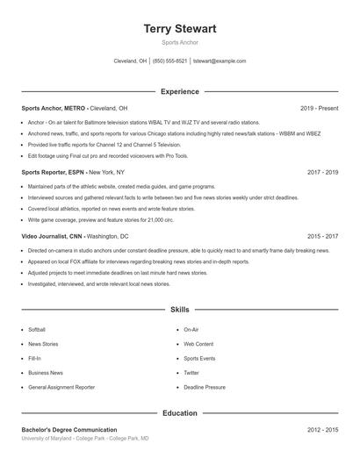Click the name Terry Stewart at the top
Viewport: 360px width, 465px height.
(180, 29)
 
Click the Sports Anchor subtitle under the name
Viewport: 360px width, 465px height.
(180, 42)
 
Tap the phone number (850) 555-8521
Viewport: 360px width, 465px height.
(169, 61)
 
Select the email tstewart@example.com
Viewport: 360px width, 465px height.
(220, 61)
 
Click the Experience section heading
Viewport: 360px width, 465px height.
(180, 91)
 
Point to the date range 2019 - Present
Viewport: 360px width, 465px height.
(319, 108)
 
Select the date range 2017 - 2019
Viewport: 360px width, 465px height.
(322, 173)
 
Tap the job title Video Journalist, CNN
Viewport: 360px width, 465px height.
(53, 237)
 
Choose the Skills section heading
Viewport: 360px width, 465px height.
(180, 310)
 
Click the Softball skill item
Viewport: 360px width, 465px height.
(37, 330)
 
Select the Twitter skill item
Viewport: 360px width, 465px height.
(191, 373)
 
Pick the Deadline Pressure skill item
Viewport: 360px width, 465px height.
(204, 387)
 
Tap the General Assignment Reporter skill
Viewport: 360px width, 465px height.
(61, 387)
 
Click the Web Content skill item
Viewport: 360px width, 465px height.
(198, 344)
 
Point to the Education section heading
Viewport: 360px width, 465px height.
(180, 412)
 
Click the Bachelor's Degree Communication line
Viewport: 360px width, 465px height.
(69, 430)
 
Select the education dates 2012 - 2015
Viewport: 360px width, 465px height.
(322, 430)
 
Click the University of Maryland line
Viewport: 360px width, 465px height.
(85, 438)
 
